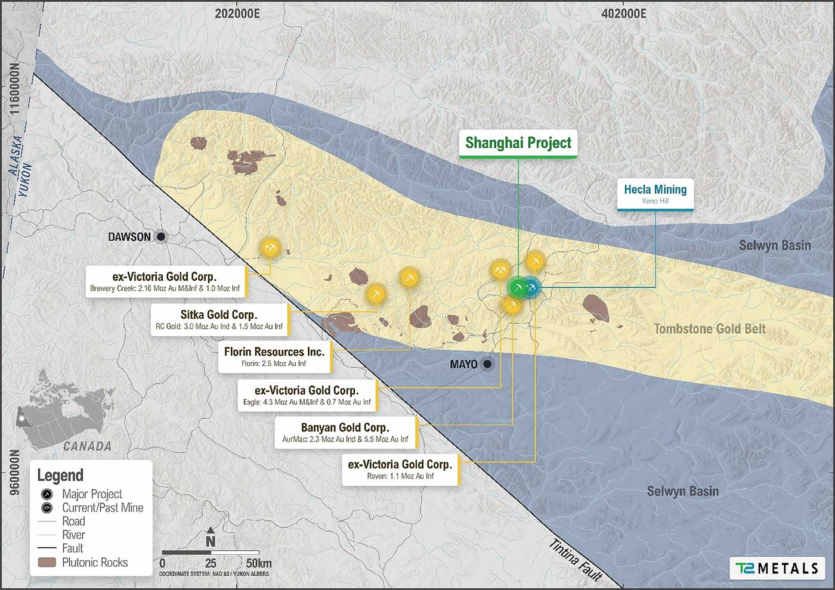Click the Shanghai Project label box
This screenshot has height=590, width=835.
[x=518, y=143]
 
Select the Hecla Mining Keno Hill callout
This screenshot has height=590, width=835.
[x=655, y=194]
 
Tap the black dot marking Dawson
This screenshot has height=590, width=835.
[x=160, y=237]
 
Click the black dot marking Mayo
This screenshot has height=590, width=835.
[x=487, y=364]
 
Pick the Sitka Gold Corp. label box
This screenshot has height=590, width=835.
[x=219, y=319]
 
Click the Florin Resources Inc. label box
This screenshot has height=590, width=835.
[x=274, y=356]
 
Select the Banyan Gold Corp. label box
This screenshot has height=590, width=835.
[x=345, y=432]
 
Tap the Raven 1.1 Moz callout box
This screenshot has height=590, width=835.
[x=400, y=469]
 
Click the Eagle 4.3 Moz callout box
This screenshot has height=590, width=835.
[x=307, y=395]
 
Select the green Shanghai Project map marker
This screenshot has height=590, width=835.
[x=518, y=288]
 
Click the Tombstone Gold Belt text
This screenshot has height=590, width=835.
[x=709, y=329]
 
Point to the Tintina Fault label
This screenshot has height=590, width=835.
[x=575, y=560]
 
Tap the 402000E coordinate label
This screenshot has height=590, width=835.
[x=623, y=13]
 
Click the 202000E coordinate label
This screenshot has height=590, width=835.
[x=237, y=13]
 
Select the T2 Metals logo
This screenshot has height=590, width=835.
[x=777, y=568]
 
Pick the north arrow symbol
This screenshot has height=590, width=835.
[x=211, y=537]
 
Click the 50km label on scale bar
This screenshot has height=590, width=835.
[x=258, y=563]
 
